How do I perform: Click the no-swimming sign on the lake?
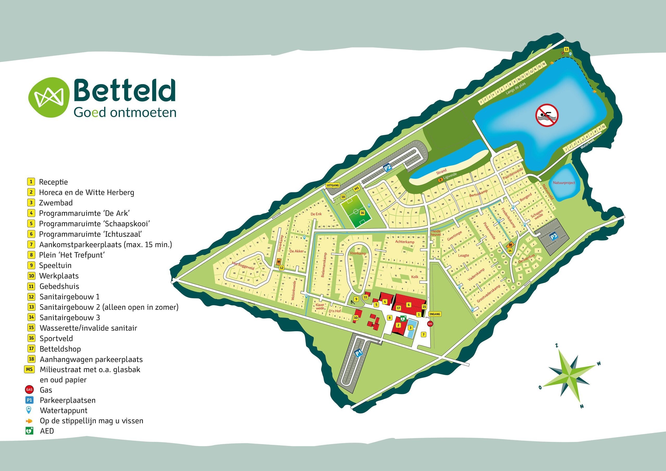tap(547, 115)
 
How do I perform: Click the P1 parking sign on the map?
tap(359, 353)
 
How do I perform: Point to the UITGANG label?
tap(333, 185)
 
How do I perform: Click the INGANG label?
tap(435, 314)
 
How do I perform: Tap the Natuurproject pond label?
tap(564, 183)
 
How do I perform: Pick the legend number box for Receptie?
tap(31, 182)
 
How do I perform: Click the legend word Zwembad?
tap(56, 203)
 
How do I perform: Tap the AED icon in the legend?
tap(29, 431)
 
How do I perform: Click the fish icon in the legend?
tap(29, 421)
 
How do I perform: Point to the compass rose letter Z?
tap(557, 346)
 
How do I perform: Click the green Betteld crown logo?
tap(49, 97)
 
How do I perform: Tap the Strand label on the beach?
tap(441, 171)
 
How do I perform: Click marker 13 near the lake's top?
tap(566, 49)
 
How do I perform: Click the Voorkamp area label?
tap(358, 253)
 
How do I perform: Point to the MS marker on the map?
tap(356, 188)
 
